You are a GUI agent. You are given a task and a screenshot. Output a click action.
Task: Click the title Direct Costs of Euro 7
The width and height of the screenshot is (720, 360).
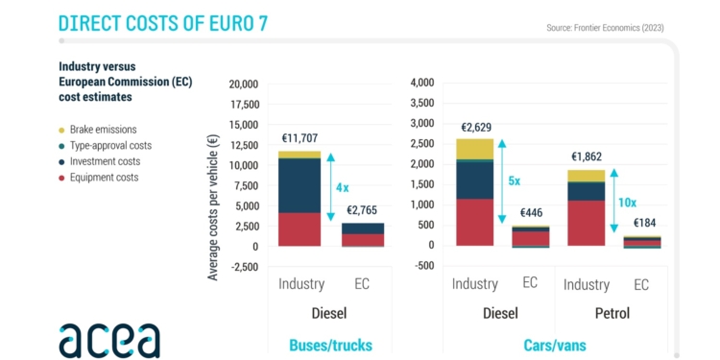tap(162, 23)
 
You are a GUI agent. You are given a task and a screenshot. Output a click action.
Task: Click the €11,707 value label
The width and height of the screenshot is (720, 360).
tap(300, 138)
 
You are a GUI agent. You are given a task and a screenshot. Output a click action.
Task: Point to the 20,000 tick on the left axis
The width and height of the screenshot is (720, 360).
tap(244, 84)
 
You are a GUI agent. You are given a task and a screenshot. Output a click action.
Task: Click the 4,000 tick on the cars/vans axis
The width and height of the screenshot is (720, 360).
tap(422, 84)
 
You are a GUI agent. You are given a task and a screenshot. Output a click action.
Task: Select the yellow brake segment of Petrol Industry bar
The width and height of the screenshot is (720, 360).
tap(587, 176)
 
